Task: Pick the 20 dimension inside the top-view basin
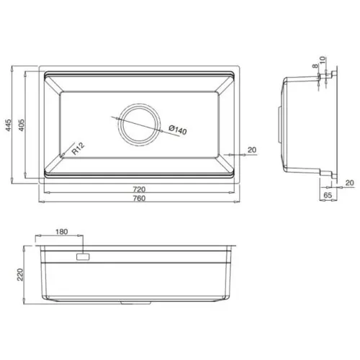click(x=251, y=149)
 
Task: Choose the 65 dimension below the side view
click(x=326, y=195)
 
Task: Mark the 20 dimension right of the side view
click(x=348, y=183)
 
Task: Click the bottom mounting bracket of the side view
click(x=328, y=174)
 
